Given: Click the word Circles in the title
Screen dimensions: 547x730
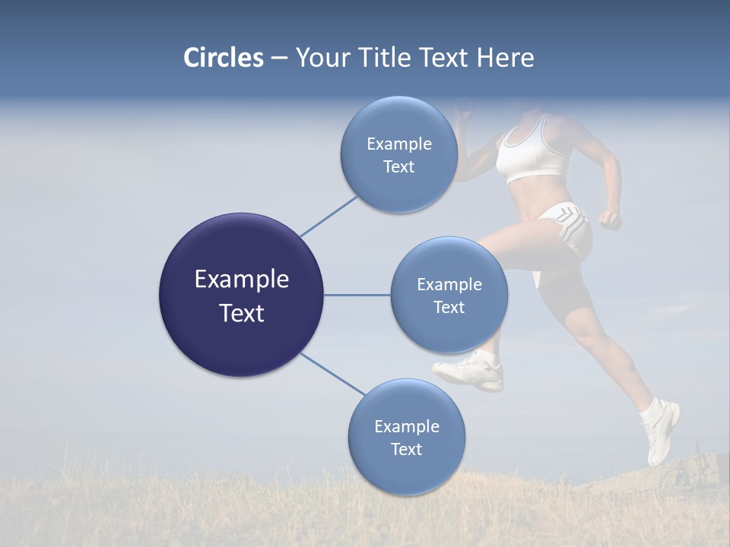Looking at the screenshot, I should coord(223,58).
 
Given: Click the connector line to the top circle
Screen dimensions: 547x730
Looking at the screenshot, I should coord(328,216).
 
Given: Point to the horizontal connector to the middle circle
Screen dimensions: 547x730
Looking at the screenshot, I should coord(357,295).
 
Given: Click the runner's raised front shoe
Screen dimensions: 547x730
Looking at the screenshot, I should coord(470,372).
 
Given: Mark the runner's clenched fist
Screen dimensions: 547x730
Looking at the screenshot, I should coord(610,220).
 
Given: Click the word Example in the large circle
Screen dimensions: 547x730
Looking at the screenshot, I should coord(241,280).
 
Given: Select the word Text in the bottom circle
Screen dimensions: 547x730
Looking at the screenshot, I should coord(406,449).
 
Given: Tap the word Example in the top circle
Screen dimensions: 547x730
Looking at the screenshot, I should coord(398,144).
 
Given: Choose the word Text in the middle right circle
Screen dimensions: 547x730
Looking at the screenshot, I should coord(449,307).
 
